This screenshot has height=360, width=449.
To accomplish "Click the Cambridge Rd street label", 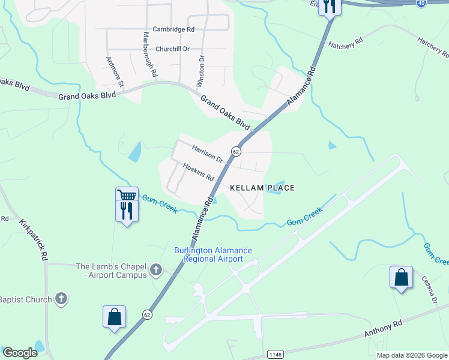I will pyautogui.click(x=173, y=29).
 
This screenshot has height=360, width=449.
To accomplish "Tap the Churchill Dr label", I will pyautogui.click(x=172, y=49).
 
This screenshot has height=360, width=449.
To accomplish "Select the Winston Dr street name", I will pyautogui.click(x=201, y=71).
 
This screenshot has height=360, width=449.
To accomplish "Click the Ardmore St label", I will pyautogui.click(x=115, y=71).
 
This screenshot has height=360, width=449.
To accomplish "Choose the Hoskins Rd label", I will pyautogui.click(x=199, y=173).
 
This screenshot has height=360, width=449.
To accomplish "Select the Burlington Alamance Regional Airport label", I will pyautogui.click(x=213, y=254).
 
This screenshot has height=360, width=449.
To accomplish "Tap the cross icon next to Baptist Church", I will pyautogui.click(x=61, y=298).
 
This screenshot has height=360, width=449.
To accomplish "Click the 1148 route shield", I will pyautogui.click(x=275, y=354).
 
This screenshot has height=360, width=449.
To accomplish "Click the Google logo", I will pyautogui.click(x=20, y=353).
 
